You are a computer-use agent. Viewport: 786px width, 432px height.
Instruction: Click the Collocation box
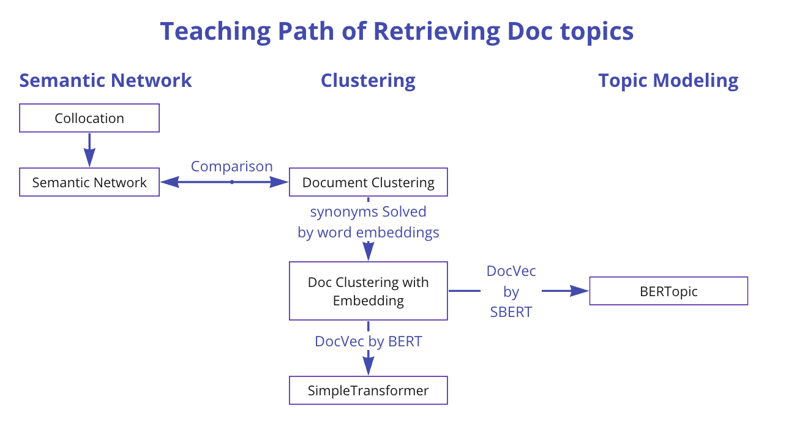(x=89, y=118)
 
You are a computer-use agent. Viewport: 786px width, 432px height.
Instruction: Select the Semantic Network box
(x=89, y=182)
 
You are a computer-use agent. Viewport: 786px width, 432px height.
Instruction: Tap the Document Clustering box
(x=368, y=182)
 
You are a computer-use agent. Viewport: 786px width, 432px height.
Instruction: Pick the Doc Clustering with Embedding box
(x=368, y=291)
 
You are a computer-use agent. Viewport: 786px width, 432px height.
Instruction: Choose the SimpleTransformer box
(x=368, y=390)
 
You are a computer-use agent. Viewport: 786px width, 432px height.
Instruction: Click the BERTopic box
(x=668, y=291)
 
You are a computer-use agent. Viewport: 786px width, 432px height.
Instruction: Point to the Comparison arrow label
(x=231, y=166)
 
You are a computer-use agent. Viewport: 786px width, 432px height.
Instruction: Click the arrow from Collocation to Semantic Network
(x=89, y=150)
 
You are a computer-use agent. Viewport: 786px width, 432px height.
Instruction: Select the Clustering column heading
(x=368, y=81)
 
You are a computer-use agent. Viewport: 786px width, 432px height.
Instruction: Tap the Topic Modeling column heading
(x=668, y=81)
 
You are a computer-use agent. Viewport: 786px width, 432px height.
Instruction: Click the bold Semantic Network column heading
(x=105, y=80)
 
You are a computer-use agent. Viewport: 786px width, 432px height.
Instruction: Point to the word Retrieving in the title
(x=436, y=32)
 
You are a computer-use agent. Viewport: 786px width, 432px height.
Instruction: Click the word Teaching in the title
(x=215, y=32)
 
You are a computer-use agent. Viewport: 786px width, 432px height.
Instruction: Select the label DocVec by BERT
(x=368, y=341)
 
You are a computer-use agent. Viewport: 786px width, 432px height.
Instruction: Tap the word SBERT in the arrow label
(x=511, y=311)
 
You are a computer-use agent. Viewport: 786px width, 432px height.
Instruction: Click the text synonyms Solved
(x=368, y=212)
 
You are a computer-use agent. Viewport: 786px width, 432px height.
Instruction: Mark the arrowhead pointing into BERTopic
(x=579, y=291)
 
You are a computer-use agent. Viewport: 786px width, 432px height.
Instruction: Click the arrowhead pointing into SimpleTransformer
(x=368, y=367)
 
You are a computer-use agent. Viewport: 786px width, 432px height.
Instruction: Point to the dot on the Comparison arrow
(x=232, y=182)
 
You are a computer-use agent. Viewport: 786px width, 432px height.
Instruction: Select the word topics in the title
(x=597, y=32)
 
